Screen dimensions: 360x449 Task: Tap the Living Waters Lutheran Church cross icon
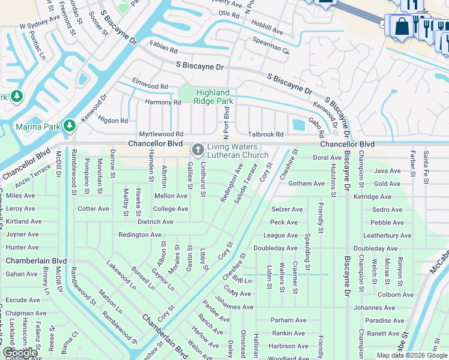(197, 149)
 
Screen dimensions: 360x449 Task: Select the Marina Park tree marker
(70, 125)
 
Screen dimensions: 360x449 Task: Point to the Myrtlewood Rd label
(161, 134)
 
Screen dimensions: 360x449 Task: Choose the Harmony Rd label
(163, 103)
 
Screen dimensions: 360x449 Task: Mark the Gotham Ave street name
(306, 184)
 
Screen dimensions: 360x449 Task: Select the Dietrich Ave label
(155, 222)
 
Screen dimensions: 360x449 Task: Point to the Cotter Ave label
(93, 209)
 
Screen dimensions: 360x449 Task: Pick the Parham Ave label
(288, 320)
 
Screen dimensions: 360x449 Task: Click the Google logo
(20, 353)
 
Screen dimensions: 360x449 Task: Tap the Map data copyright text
(411, 355)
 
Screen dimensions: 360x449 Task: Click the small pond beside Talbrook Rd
(297, 125)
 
